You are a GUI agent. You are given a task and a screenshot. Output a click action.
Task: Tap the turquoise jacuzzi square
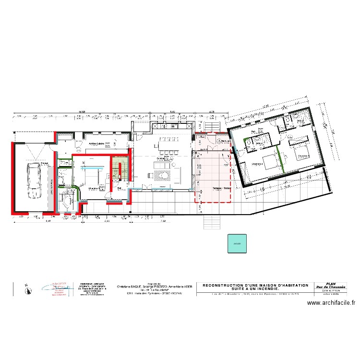(236, 243)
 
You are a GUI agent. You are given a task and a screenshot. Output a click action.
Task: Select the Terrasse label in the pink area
(221, 188)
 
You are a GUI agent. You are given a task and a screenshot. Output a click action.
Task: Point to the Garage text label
(44, 163)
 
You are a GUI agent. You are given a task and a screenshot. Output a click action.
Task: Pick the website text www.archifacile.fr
(331, 303)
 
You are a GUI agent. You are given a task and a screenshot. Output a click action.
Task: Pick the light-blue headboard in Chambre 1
(91, 168)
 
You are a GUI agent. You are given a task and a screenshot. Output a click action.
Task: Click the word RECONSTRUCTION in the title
(224, 285)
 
